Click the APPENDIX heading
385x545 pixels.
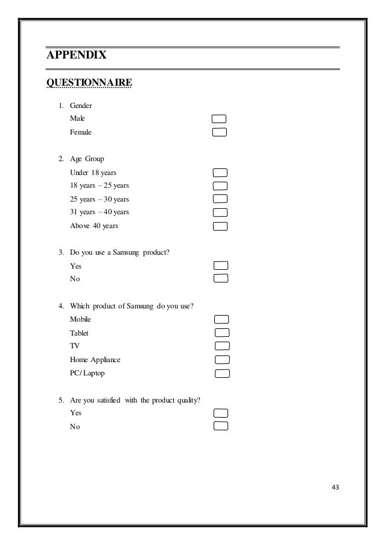pyautogui.click(x=77, y=56)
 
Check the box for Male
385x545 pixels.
pyautogui.click(x=220, y=118)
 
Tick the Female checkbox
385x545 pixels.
pyautogui.click(x=220, y=132)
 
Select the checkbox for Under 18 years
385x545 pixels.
pyautogui.click(x=220, y=173)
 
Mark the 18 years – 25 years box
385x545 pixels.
pyautogui.click(x=220, y=185)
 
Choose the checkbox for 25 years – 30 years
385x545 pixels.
pyautogui.click(x=220, y=199)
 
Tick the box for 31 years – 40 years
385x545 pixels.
pyautogui.click(x=220, y=212)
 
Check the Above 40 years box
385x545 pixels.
pyautogui.click(x=220, y=226)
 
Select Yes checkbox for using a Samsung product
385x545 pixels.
pyautogui.click(x=221, y=266)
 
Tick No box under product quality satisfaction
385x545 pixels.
pyautogui.click(x=221, y=426)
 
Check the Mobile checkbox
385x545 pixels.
pyautogui.click(x=222, y=319)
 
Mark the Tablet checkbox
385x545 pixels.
pyautogui.click(x=222, y=333)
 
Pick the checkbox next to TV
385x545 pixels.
pyautogui.click(x=222, y=346)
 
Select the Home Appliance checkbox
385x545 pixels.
pyautogui.click(x=222, y=360)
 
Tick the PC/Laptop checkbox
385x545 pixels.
pyautogui.click(x=222, y=373)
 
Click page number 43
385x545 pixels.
pyautogui.click(x=336, y=488)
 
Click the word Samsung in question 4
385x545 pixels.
pyautogui.click(x=141, y=305)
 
